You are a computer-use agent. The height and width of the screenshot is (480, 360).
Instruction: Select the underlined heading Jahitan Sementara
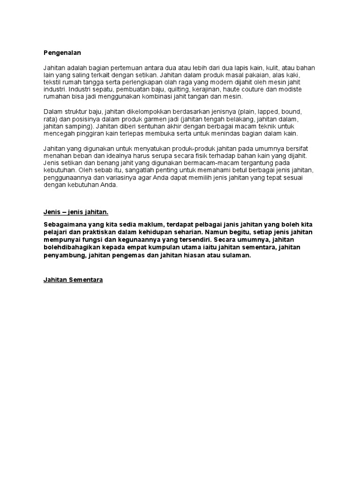(x=73, y=280)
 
